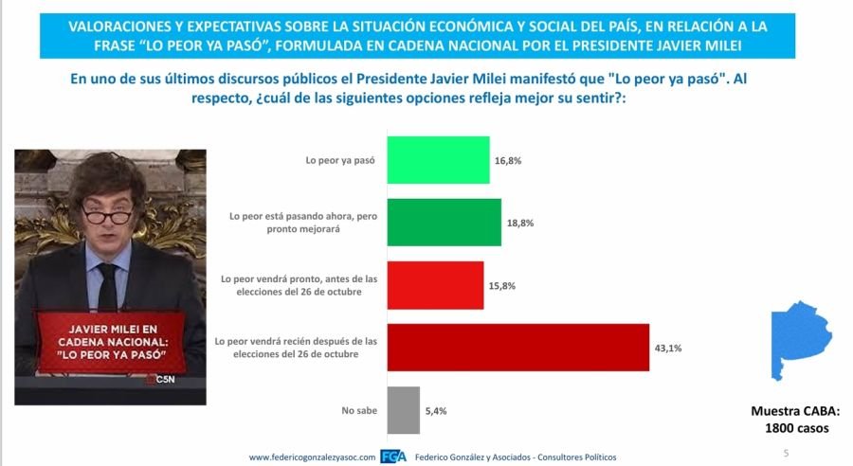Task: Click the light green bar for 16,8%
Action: point(438,160)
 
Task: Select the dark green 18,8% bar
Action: point(444,223)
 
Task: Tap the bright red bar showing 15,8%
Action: point(435,285)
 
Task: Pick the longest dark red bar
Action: point(517,348)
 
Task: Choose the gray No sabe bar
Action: point(403,410)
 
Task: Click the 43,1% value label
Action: point(668,348)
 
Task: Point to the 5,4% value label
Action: point(436,411)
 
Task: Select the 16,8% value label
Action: point(508,160)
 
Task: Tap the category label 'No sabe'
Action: point(359,410)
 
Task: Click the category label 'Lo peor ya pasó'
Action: point(340,160)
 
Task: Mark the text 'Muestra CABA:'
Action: point(795,411)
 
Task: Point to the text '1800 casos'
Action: point(797,428)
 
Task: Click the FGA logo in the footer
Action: point(393,457)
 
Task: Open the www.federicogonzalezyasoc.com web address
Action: point(312,457)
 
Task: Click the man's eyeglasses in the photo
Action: point(107,215)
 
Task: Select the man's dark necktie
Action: point(108,288)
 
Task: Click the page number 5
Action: point(786,453)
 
